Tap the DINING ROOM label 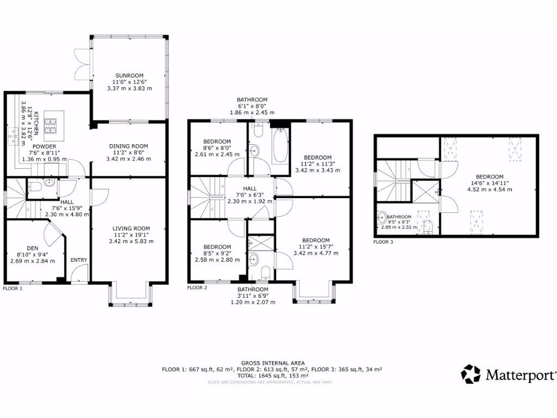pos(128,146)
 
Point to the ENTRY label pos(79,260)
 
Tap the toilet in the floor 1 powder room pos(35,187)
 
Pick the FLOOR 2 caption pos(197,287)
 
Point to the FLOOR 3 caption pos(383,242)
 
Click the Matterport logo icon pos(471,374)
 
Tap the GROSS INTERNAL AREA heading pos(273,363)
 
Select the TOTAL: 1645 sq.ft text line pos(273,376)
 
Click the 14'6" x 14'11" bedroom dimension pos(490,183)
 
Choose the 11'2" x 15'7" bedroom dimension pos(315,247)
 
